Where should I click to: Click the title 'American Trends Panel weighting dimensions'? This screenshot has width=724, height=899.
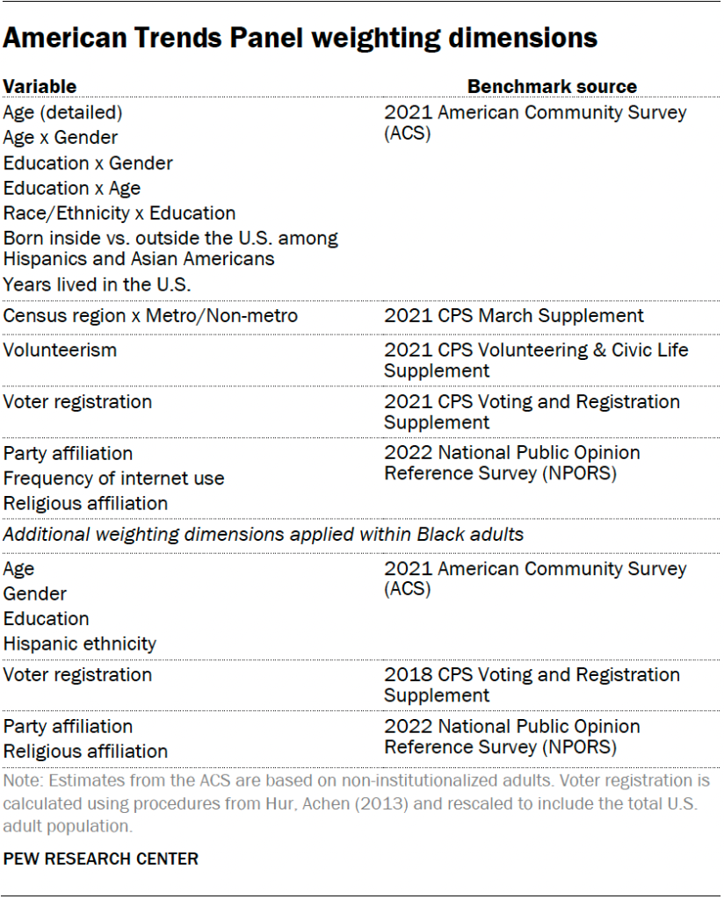[x=300, y=39]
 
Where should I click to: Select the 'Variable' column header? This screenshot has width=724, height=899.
[x=40, y=86]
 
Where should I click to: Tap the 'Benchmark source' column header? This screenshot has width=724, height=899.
[x=552, y=86]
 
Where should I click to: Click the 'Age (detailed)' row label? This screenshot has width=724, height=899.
[x=63, y=112]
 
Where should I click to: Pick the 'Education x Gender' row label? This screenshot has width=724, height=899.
[x=88, y=163]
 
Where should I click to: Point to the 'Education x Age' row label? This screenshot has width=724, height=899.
[x=72, y=188]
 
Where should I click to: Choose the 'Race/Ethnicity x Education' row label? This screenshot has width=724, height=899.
[x=119, y=213]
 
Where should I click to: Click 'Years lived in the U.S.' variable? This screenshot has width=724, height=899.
[x=98, y=284]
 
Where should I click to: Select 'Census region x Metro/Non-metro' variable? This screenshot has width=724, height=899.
[x=150, y=316]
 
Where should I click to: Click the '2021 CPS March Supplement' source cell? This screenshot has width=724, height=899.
[x=514, y=316]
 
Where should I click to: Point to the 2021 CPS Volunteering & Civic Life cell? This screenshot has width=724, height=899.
[x=536, y=360]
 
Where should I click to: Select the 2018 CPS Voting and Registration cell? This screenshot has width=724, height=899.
[x=532, y=685]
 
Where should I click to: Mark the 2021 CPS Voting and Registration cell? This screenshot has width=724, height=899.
[x=532, y=412]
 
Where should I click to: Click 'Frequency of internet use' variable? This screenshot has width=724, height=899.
[x=114, y=478]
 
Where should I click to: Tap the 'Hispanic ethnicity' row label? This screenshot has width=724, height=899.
[x=80, y=644]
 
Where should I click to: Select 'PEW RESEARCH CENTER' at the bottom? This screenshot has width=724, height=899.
[x=101, y=859]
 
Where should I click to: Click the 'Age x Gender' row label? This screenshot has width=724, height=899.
[x=61, y=138]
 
